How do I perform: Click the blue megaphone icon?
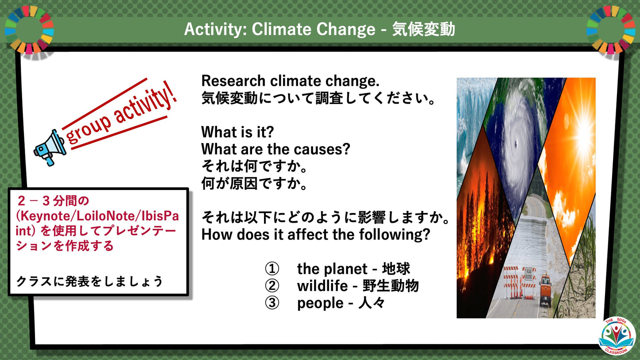50,147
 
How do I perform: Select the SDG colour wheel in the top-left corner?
29,29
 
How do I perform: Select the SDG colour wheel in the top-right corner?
610,29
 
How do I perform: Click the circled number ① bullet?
272,269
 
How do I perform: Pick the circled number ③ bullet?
272,303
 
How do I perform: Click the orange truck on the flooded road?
545,290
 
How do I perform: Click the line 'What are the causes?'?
275,149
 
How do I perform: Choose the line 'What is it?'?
238,132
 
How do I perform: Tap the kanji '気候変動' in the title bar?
423,29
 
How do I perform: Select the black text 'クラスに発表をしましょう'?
89,281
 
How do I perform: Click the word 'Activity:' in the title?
215,29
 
